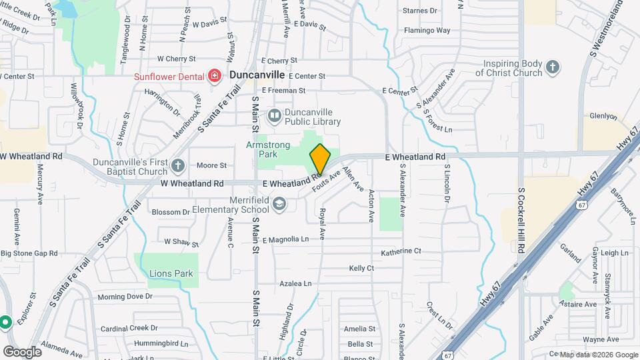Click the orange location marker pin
[320, 159]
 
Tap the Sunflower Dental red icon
[215, 76]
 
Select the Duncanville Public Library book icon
[274, 117]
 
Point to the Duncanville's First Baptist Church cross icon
[177, 165]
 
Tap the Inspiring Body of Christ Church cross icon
[552, 67]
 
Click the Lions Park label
[171, 273]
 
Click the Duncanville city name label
[257, 75]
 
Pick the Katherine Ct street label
[401, 252]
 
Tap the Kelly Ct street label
[361, 268]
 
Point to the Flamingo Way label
[427, 31]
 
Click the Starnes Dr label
[421, 11]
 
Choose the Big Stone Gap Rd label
[29, 253]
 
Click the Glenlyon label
[604, 115]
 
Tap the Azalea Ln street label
[295, 283]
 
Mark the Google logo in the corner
[22, 351]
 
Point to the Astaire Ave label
[579, 305]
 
